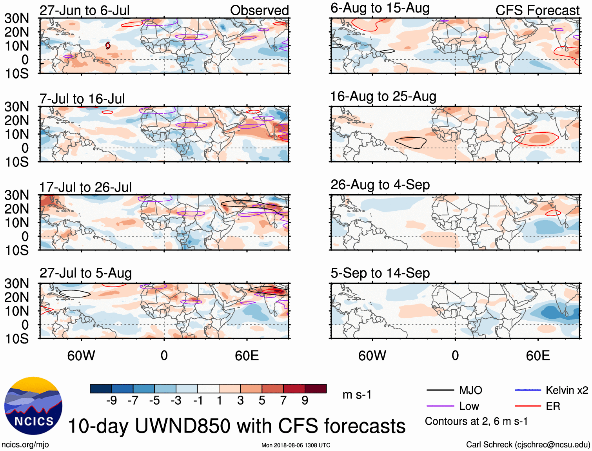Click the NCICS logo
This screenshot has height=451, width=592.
(x=33, y=406)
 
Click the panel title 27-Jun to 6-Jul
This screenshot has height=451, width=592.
(x=85, y=10)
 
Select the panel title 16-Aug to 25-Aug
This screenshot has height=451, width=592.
(x=383, y=96)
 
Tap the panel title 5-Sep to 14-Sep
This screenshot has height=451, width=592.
(x=380, y=273)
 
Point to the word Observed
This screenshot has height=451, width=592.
(x=259, y=10)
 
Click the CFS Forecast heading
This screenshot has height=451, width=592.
(x=537, y=10)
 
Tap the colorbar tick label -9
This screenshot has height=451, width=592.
(x=111, y=400)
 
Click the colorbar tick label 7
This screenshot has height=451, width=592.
(x=283, y=400)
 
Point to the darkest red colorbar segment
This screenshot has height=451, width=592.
(x=316, y=389)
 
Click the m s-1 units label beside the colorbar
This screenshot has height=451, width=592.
(x=357, y=394)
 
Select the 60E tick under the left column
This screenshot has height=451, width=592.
(x=247, y=356)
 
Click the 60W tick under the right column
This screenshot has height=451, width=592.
(x=372, y=356)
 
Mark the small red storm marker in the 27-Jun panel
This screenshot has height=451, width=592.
(x=108, y=46)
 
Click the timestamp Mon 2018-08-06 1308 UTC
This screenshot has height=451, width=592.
(x=296, y=445)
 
